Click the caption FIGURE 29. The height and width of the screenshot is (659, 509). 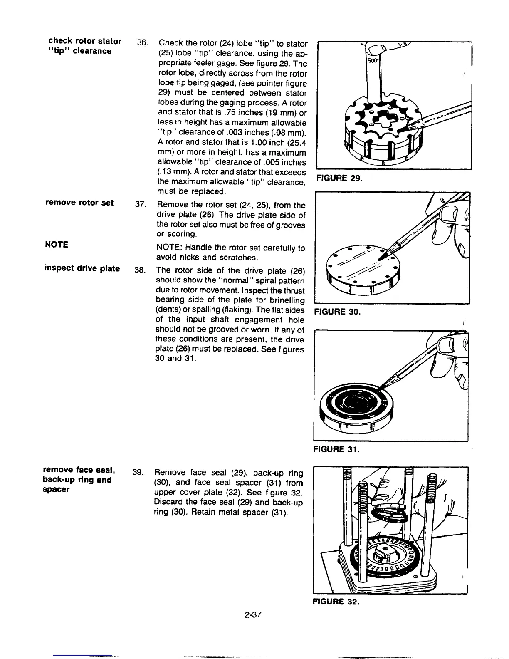pyautogui.click(x=339, y=178)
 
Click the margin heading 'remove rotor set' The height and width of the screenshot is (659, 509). pyautogui.click(x=79, y=203)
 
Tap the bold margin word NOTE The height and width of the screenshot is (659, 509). pyautogui.click(x=57, y=244)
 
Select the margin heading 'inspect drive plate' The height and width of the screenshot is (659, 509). pyautogui.click(x=82, y=268)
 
